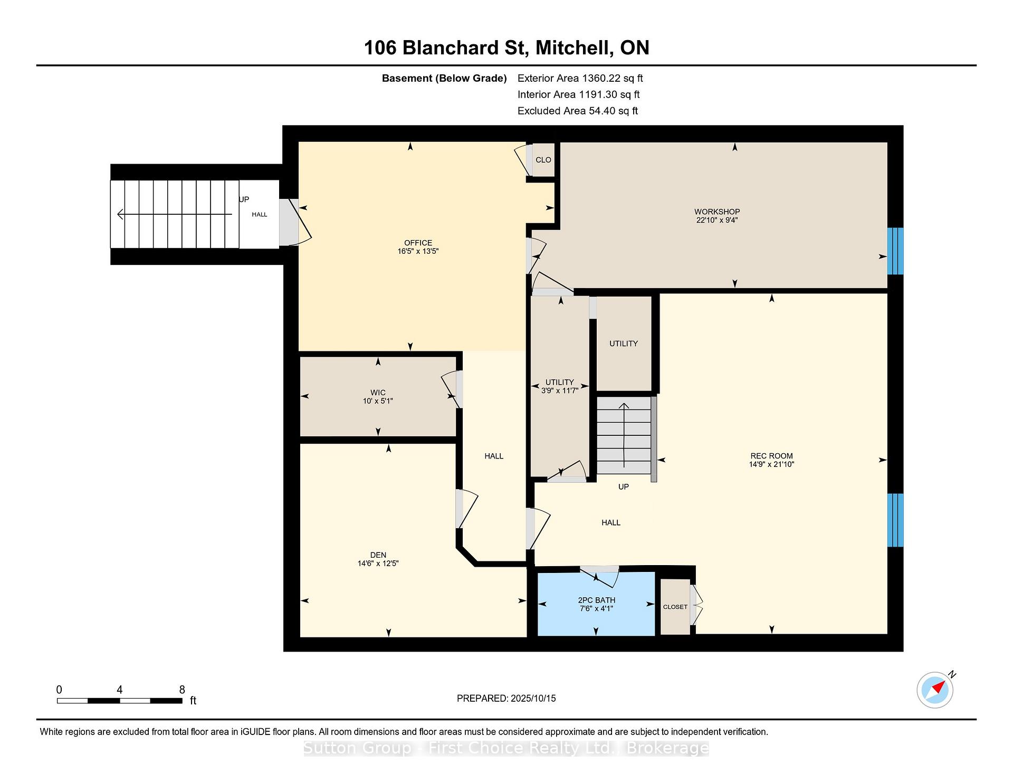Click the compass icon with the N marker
(x=935, y=690)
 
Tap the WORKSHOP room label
(x=717, y=212)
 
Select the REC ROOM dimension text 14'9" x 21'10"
(x=771, y=464)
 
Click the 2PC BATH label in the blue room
(x=597, y=600)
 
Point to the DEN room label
(x=378, y=555)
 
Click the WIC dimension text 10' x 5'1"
(x=378, y=401)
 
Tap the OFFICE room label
(x=418, y=243)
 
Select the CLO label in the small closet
(x=543, y=160)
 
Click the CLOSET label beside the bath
(x=675, y=607)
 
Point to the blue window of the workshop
(x=895, y=251)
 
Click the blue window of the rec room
(x=895, y=520)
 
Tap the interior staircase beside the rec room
(x=624, y=435)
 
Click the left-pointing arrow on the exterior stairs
(x=175, y=214)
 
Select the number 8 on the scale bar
(x=182, y=690)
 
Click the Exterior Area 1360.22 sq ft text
(x=580, y=79)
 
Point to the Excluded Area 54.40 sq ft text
(x=578, y=111)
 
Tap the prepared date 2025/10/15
(x=533, y=699)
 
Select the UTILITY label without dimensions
(x=624, y=343)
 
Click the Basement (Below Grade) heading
(x=444, y=79)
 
